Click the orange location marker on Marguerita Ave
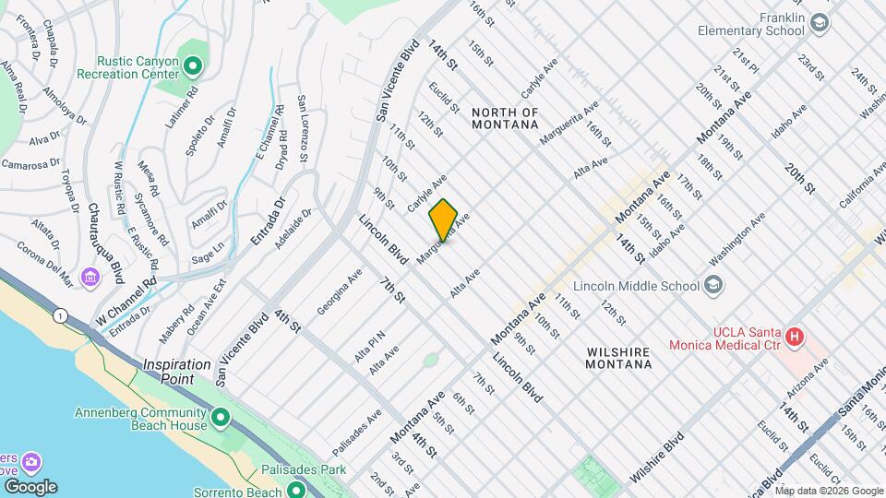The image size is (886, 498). point(443,219)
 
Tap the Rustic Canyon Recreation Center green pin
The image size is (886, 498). point(193,65)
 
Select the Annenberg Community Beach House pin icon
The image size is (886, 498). point(221,419)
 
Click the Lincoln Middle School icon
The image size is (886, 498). point(713,285)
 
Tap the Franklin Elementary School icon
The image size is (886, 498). point(820,22)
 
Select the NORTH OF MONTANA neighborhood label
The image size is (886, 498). point(504,118)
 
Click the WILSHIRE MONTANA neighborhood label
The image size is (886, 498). point(618,358)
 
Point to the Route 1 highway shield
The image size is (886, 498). point(61,315)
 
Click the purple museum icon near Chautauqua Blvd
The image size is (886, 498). point(90,277)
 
